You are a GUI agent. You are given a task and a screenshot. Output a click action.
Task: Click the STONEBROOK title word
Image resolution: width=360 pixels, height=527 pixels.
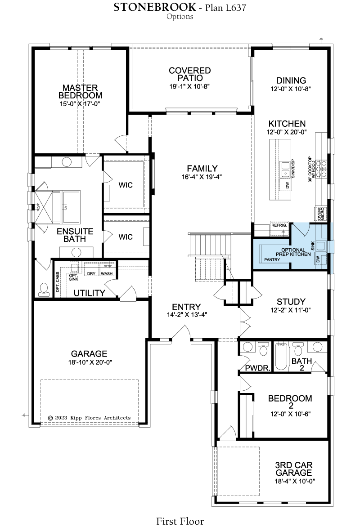click(x=154, y=7)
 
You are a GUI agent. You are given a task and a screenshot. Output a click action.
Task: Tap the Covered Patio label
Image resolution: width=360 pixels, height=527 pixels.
click(x=190, y=74)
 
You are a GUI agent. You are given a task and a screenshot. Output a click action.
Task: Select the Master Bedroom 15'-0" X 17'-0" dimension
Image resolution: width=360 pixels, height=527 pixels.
click(x=80, y=104)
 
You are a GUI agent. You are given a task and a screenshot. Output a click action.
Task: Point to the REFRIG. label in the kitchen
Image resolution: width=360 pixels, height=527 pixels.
click(x=279, y=226)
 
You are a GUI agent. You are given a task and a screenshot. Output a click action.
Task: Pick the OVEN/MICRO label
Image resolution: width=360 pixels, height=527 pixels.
click(x=321, y=214)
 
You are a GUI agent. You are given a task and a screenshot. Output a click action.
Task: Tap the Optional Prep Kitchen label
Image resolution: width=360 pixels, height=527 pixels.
click(x=293, y=252)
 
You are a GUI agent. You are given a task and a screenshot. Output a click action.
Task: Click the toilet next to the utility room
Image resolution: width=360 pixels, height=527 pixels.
click(x=43, y=290)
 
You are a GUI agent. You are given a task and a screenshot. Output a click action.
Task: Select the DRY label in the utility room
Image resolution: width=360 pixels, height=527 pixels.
click(x=91, y=273)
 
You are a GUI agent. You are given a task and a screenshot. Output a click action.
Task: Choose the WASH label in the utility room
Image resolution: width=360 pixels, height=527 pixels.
click(x=107, y=273)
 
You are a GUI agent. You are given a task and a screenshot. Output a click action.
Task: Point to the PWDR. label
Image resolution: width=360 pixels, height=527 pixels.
click(x=258, y=368)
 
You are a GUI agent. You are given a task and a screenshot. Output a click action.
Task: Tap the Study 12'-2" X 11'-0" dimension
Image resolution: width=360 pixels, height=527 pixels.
click(x=290, y=310)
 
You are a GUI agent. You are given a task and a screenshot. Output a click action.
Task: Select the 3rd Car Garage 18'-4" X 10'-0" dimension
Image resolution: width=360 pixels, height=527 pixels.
click(x=294, y=481)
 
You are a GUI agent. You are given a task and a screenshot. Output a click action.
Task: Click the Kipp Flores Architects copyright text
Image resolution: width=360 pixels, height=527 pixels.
click(x=89, y=418)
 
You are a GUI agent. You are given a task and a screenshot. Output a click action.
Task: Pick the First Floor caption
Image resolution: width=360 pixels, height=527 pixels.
click(x=180, y=521)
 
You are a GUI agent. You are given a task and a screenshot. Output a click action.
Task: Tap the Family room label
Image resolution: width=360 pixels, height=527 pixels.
click(x=202, y=168)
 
